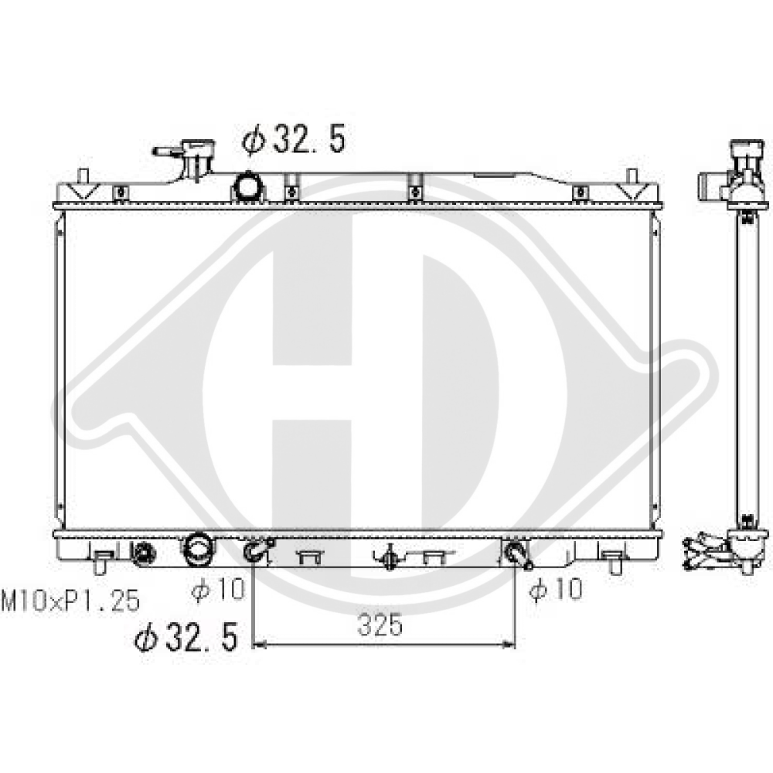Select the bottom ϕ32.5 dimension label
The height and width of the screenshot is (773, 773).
pyautogui.click(x=186, y=637)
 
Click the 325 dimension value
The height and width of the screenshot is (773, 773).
pyautogui.click(x=380, y=625)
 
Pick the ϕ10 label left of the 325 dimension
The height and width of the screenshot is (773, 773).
pyautogui.click(x=218, y=589)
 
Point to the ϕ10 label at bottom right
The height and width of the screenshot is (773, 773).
pyautogui.click(x=556, y=589)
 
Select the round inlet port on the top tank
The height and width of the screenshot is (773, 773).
pyautogui.click(x=249, y=187)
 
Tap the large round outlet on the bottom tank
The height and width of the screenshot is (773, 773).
pyautogui.click(x=198, y=549)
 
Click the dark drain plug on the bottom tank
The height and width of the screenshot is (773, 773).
pyautogui.click(x=144, y=552)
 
